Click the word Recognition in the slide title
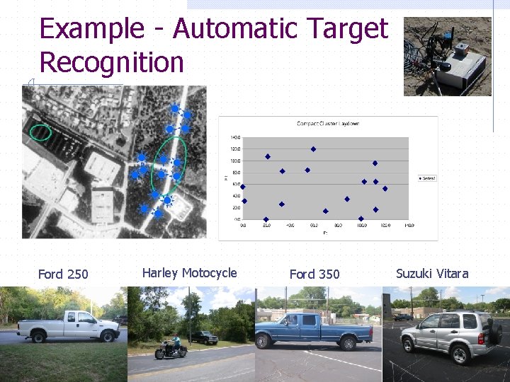(111, 63)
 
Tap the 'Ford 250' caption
(63, 274)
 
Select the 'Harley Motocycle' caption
(189, 273)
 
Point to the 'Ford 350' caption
(314, 274)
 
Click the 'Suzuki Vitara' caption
(432, 274)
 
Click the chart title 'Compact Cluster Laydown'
(327, 124)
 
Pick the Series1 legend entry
(427, 178)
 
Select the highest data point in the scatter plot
(313, 149)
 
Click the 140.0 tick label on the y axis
(234, 137)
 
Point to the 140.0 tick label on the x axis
(409, 226)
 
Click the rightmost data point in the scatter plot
(385, 188)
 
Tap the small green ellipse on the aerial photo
(41, 132)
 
